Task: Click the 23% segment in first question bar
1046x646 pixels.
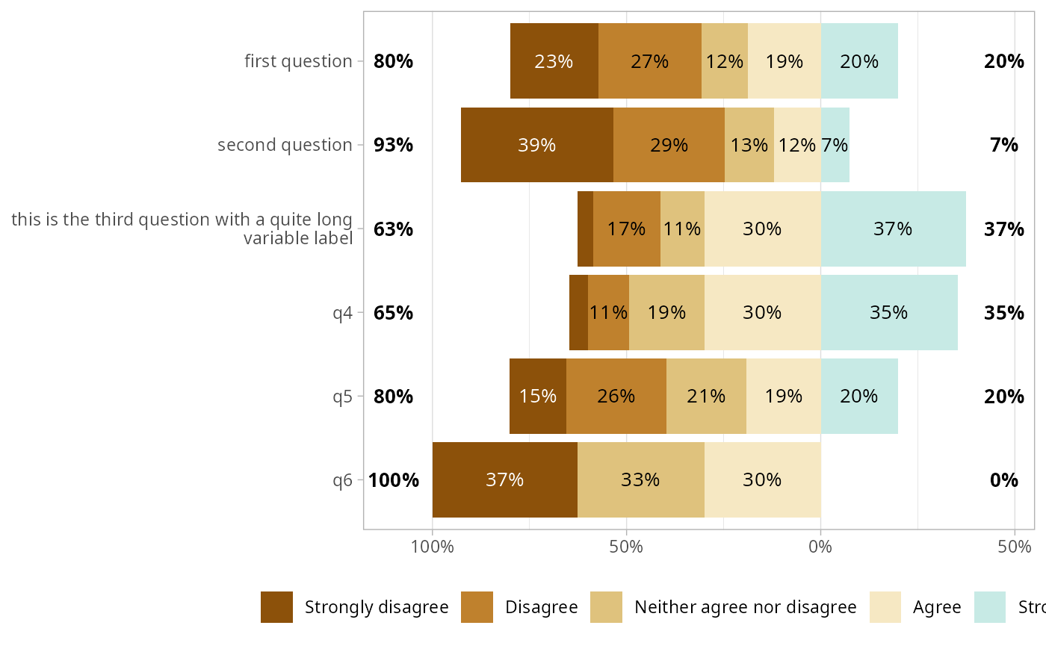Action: point(554,61)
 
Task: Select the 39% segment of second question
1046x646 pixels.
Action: point(536,145)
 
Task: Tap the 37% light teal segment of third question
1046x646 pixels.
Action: point(893,229)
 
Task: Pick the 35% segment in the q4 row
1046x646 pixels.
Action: point(888,312)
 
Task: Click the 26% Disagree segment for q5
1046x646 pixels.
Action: point(616,396)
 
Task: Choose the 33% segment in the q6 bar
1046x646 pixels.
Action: point(640,479)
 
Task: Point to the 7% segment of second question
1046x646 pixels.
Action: point(835,145)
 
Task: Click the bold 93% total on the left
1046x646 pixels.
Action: point(393,145)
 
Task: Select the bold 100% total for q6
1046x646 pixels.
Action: point(394,479)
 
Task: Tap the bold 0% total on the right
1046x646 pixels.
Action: point(1003,479)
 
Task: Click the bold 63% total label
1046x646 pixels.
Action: point(393,229)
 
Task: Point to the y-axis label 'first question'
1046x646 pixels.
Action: point(298,61)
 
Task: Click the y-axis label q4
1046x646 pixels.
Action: point(342,312)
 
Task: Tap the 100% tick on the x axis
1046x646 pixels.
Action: point(433,547)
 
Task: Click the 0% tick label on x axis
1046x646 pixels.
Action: point(820,547)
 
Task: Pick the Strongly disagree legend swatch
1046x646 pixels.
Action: point(276,607)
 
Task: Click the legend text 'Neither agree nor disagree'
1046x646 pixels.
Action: point(745,607)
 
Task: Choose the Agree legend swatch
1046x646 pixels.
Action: point(885,607)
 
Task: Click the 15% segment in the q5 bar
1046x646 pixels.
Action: point(538,396)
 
